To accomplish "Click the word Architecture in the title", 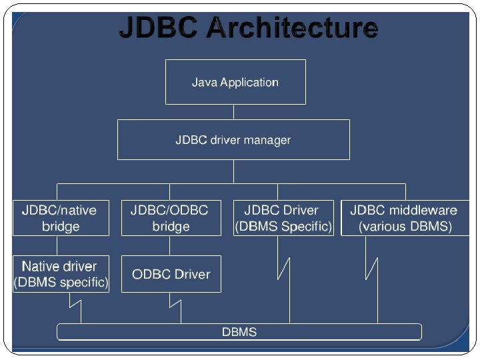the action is click(293, 27).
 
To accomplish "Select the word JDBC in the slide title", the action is click(158, 27).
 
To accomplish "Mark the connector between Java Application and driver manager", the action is click(233, 112).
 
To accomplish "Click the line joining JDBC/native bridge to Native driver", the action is click(57, 245).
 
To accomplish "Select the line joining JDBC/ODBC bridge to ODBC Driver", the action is click(169, 245).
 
